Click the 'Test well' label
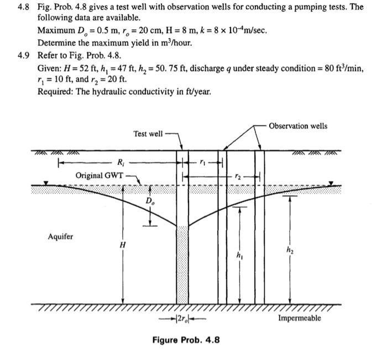point(148,134)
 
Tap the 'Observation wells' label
point(297,126)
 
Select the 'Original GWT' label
point(100,175)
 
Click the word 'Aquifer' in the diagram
point(60,237)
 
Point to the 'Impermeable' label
point(299,318)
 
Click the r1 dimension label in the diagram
point(203,162)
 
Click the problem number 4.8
point(22,8)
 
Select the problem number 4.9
point(22,56)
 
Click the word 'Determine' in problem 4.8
point(57,43)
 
